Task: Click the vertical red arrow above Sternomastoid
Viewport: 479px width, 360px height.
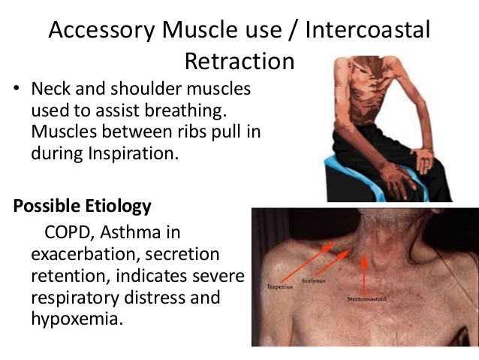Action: (x=365, y=274)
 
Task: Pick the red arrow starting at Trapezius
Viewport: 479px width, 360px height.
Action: (x=305, y=265)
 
